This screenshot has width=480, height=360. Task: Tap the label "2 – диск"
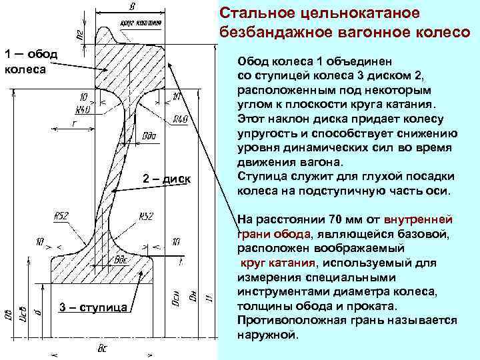[x=167, y=179]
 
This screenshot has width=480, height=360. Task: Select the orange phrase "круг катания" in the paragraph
[x=279, y=262]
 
